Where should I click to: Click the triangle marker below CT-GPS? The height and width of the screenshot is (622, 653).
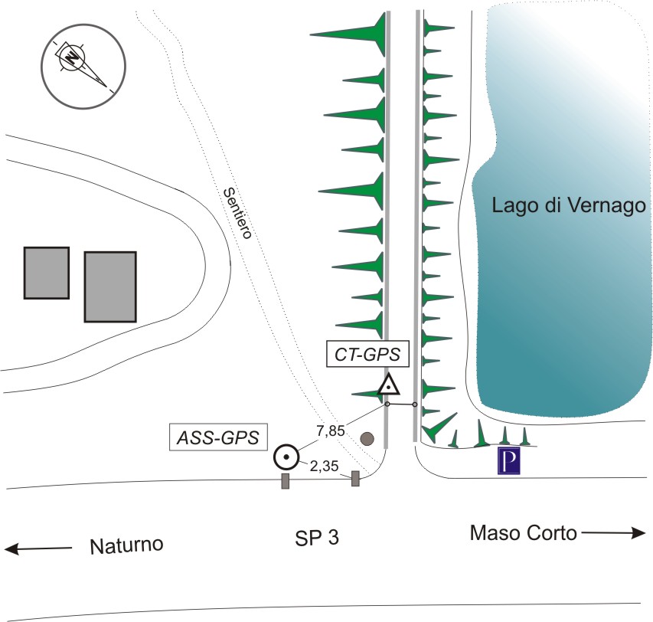coord(389,385)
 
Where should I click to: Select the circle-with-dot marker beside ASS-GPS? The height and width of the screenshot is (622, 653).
coord(286,458)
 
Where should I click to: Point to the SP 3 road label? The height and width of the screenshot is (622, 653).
coord(316,538)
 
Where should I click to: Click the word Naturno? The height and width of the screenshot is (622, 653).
coord(127,546)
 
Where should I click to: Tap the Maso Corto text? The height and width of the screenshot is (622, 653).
coord(523,532)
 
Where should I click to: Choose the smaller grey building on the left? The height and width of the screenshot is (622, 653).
coord(47,273)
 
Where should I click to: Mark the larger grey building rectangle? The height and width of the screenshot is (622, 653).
coord(110,286)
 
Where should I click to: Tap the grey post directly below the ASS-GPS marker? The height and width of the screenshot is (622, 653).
coord(286,481)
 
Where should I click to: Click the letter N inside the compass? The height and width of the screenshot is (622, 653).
coord(72,56)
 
